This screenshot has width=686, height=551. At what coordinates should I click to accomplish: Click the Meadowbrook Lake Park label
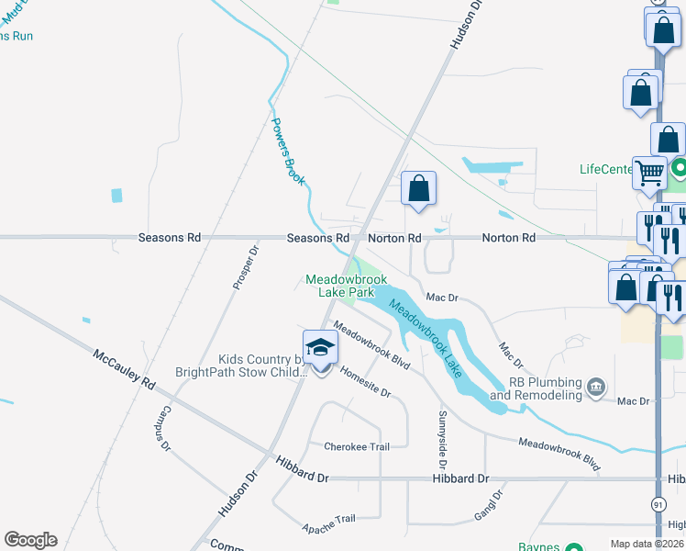pos(346,285)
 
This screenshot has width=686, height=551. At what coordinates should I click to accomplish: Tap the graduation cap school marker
pos(320,348)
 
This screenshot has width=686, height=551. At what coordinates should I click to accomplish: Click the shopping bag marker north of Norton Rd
pos(418,189)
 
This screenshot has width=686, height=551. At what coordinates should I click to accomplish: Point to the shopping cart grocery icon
pos(649,172)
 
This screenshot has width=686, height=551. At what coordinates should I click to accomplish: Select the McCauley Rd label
pos(124,369)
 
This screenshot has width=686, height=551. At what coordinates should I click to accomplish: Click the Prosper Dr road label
pos(244,267)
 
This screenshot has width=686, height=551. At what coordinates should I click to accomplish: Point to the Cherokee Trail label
pos(357,447)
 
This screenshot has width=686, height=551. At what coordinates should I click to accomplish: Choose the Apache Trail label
pos(328,523)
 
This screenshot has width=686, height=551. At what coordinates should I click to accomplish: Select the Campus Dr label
pos(166,428)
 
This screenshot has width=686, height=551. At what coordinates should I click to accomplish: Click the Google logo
pos(30,540)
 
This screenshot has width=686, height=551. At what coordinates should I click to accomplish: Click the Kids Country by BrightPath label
pos(240,366)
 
